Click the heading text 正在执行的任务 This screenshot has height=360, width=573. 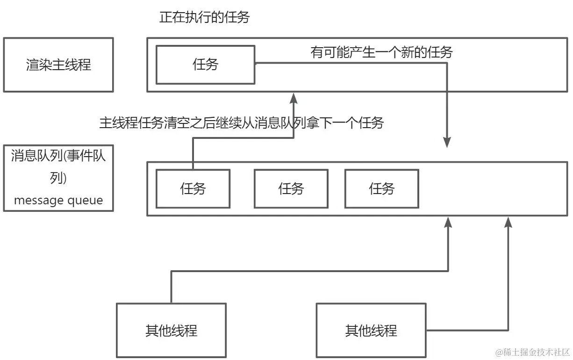(x=205, y=18)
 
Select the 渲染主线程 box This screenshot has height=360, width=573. (x=58, y=65)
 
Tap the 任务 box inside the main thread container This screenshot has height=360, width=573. (x=205, y=65)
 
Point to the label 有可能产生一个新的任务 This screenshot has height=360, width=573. (x=381, y=52)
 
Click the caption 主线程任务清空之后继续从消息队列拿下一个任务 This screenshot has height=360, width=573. (x=241, y=123)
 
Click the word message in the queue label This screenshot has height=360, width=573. (x=39, y=201)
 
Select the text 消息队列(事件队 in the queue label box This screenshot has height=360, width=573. (x=58, y=156)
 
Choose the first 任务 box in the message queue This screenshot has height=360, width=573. (x=193, y=188)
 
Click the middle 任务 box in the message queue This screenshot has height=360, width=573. (x=291, y=188)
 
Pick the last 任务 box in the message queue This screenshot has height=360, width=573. (x=381, y=188)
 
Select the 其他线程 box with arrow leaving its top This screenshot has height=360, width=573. (x=171, y=330)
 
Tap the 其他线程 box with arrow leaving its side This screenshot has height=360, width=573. (x=371, y=330)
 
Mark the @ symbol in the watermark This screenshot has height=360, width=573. (x=499, y=352)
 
